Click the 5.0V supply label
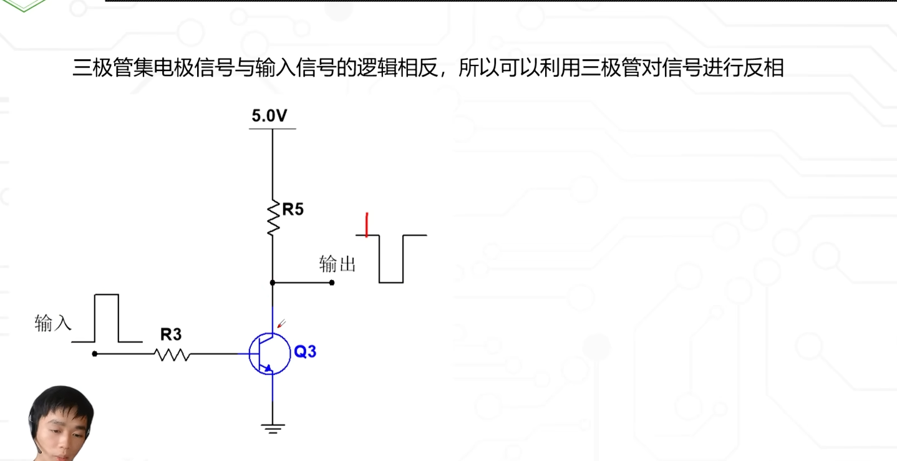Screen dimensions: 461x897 [269, 116]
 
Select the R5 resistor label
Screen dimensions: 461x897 [293, 210]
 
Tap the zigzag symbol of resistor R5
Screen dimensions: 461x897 [273, 218]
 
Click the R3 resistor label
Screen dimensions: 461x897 [170, 335]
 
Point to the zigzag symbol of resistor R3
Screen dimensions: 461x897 [172, 354]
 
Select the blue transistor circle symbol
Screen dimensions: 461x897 [269, 354]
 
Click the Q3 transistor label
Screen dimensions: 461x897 [305, 352]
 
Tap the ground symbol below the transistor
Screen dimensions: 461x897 [273, 427]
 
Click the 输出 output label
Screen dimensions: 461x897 [337, 264]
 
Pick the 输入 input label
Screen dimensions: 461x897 [53, 323]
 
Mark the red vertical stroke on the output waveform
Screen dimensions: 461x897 [367, 225]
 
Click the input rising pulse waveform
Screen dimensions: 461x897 [106, 318]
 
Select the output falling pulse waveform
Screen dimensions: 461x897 [391, 258]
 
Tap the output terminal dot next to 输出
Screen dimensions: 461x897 [331, 283]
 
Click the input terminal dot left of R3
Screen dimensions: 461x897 [94, 354]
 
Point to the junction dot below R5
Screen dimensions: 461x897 [273, 283]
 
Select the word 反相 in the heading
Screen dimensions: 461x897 [764, 67]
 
